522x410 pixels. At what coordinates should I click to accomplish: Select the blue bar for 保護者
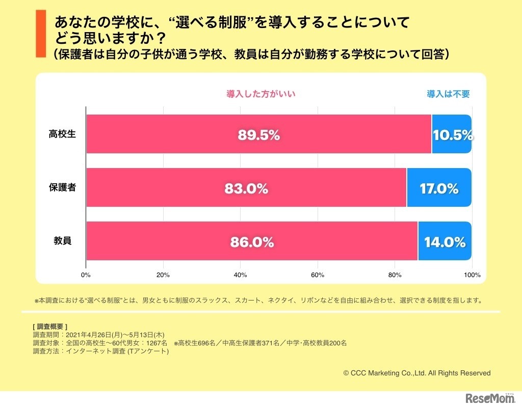439,187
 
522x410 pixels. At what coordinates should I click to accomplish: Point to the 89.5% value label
258,135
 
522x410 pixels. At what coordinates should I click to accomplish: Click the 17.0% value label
439,189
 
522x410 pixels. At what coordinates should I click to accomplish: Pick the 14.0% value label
445,242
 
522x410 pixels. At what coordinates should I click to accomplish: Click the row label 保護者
62,187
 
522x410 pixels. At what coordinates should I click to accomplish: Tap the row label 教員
62,241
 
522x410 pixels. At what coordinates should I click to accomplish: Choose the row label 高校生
62,134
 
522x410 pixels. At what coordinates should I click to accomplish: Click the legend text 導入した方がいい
261,94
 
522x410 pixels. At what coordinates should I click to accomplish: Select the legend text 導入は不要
448,94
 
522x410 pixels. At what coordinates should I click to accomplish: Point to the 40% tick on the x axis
240,275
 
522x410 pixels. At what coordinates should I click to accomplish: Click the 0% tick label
86,275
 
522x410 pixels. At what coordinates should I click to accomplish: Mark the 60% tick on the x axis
318,275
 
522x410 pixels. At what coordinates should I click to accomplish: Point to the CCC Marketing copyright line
417,373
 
